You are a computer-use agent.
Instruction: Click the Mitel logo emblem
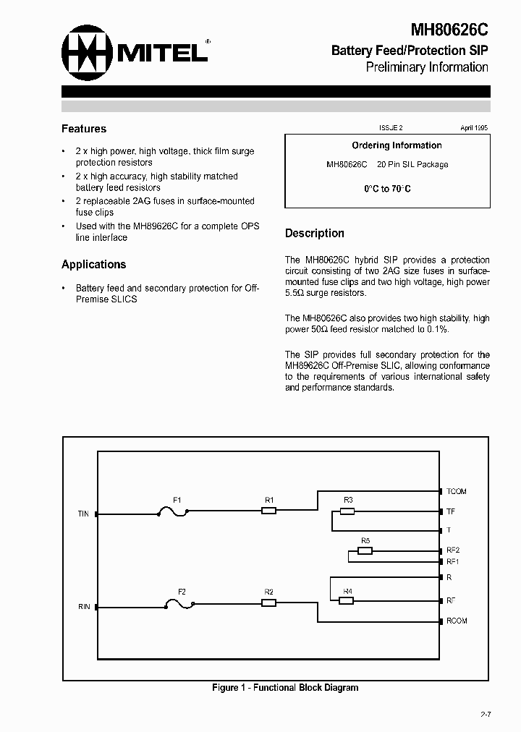[x=88, y=51]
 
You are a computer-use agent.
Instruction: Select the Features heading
[x=84, y=129]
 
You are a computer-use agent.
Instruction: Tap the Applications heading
[x=93, y=265]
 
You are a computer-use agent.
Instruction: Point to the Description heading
[x=314, y=234]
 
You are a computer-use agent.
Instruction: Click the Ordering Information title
[x=397, y=145]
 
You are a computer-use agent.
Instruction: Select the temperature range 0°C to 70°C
[x=387, y=189]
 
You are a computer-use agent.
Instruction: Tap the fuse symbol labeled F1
[x=173, y=512]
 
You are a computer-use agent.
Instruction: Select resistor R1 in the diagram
[x=268, y=511]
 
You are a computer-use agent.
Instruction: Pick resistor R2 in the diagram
[x=268, y=602]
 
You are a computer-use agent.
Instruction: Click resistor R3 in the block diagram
[x=347, y=511]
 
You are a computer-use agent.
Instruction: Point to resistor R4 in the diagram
[x=347, y=600]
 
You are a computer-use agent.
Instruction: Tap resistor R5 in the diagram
[x=365, y=550]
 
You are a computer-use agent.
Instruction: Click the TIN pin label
[x=83, y=514]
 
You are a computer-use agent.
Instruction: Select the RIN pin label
[x=84, y=606]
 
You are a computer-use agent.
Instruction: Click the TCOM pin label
[x=457, y=492]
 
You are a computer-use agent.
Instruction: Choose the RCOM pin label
[x=457, y=621]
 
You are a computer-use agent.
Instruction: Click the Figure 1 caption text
[x=285, y=688]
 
